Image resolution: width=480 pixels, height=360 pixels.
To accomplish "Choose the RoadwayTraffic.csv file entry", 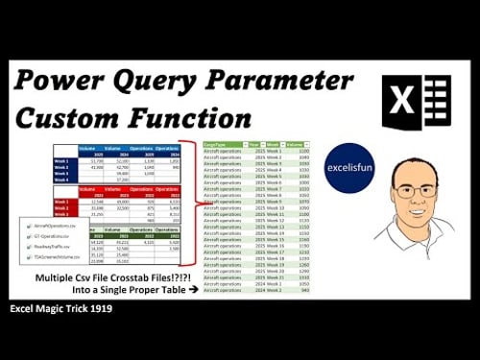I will coord(63,245).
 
